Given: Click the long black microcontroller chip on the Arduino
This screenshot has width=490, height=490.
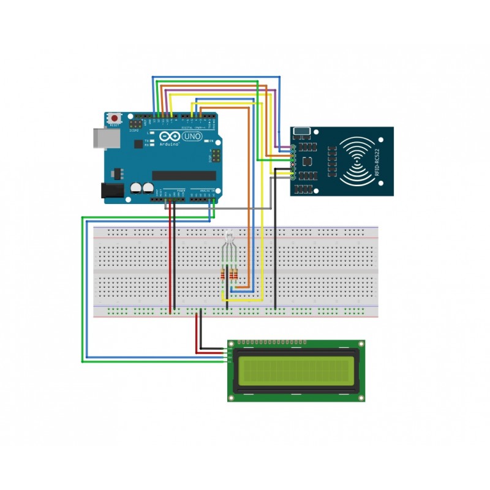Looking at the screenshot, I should click(x=184, y=176).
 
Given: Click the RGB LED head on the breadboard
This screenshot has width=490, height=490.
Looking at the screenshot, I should click(x=228, y=236).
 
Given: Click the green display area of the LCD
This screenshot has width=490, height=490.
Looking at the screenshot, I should click(x=296, y=370).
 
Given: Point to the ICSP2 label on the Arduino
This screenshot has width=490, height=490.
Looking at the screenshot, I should click(x=134, y=130).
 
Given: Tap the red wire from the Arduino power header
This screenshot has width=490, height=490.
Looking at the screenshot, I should click(x=170, y=257).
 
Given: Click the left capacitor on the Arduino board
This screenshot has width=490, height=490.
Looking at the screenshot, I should click(x=136, y=189).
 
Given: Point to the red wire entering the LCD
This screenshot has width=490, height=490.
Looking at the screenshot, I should click(x=211, y=352).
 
